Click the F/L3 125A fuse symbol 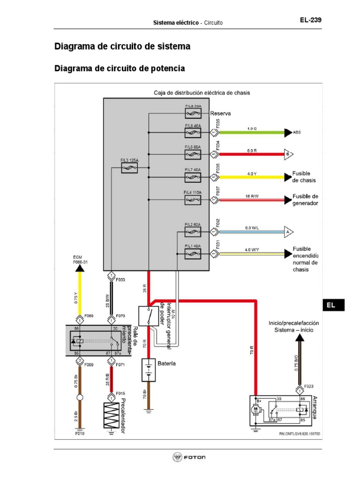tap(128, 171)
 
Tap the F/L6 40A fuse tap(193, 133)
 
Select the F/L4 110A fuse tap(193, 200)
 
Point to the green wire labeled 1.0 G tap(252, 133)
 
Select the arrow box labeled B tap(288, 153)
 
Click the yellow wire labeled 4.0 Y tap(252, 177)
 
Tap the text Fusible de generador tap(305, 199)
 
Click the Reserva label tap(221, 113)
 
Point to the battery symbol tap(148, 370)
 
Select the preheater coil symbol tap(111, 414)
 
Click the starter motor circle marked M tap(256, 409)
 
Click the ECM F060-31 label tap(80, 260)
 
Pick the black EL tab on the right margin tap(333, 305)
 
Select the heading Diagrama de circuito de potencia tap(120, 68)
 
